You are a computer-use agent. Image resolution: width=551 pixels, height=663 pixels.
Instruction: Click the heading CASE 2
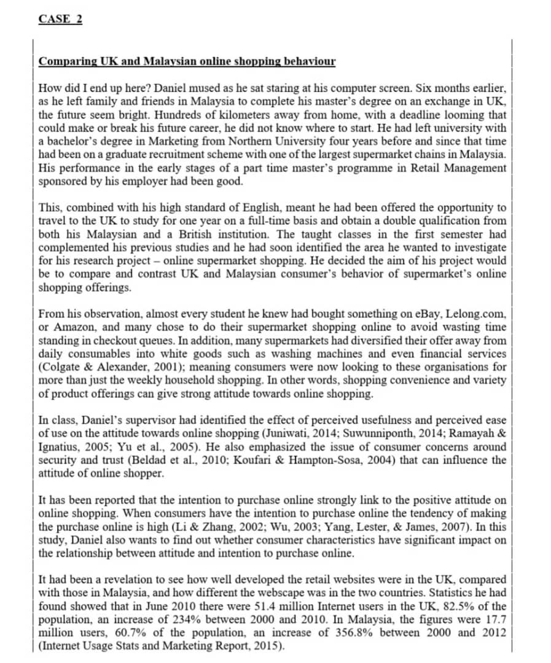(60, 18)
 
